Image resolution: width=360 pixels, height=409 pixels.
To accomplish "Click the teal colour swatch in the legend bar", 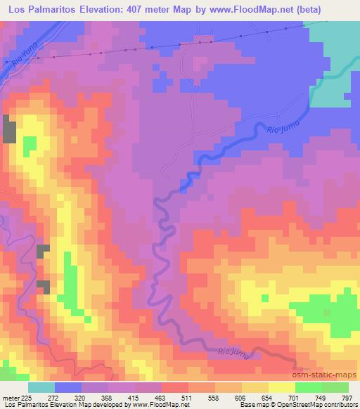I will coord(42,387).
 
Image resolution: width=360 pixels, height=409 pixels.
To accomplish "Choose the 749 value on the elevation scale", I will coord(315,397).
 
